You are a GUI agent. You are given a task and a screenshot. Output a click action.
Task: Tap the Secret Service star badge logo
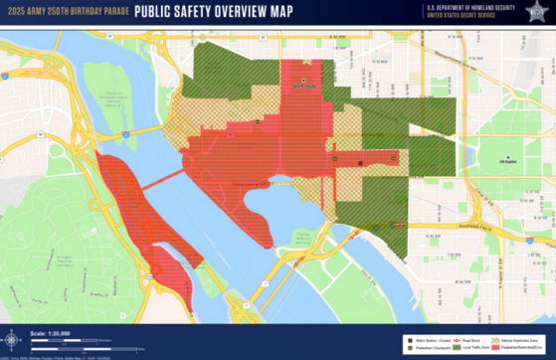tap(536, 11)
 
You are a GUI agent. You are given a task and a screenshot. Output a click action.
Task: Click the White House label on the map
tap(302, 86)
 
